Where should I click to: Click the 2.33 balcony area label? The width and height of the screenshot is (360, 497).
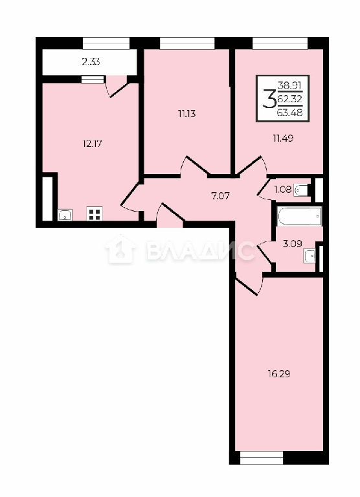pos(91,61)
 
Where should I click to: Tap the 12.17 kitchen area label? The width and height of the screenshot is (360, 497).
pos(92,144)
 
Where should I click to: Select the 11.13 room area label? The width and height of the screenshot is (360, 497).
pos(187,113)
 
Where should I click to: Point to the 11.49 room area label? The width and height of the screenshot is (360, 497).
pos(283,138)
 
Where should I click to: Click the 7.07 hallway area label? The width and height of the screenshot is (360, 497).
pos(220,195)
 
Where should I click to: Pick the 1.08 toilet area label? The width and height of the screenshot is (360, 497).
pos(282,190)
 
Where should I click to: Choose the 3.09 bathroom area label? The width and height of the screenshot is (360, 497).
pos(292,243)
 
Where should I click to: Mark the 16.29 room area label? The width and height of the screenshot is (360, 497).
pos(279,374)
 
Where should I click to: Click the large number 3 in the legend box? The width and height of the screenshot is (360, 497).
pos(269,98)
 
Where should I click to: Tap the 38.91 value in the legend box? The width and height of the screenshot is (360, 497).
pos(290,85)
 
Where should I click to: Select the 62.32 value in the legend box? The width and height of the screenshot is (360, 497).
pos(290,98)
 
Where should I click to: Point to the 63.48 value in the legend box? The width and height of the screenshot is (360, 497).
pos(290,112)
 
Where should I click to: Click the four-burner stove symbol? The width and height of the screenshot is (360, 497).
pos(95,214)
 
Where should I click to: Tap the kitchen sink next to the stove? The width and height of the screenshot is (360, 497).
pos(65,215)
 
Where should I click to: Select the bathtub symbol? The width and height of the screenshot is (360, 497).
pos(299,216)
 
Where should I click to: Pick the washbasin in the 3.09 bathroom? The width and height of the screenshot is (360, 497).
pos(309,256)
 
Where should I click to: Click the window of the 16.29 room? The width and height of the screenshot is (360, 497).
pos(262,458)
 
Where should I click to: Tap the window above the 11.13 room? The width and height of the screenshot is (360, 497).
pos(187,43)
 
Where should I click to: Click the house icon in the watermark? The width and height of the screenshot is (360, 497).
pos(120,249)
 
